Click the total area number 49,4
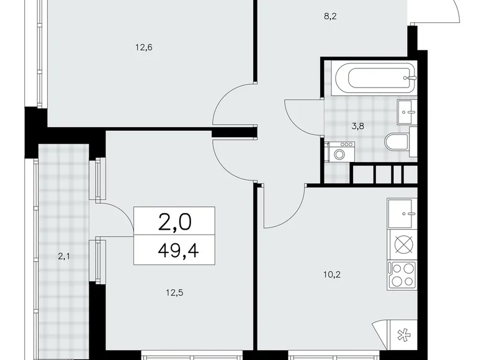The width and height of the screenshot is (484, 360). tap(174, 251)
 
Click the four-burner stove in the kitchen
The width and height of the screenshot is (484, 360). tap(403, 274)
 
